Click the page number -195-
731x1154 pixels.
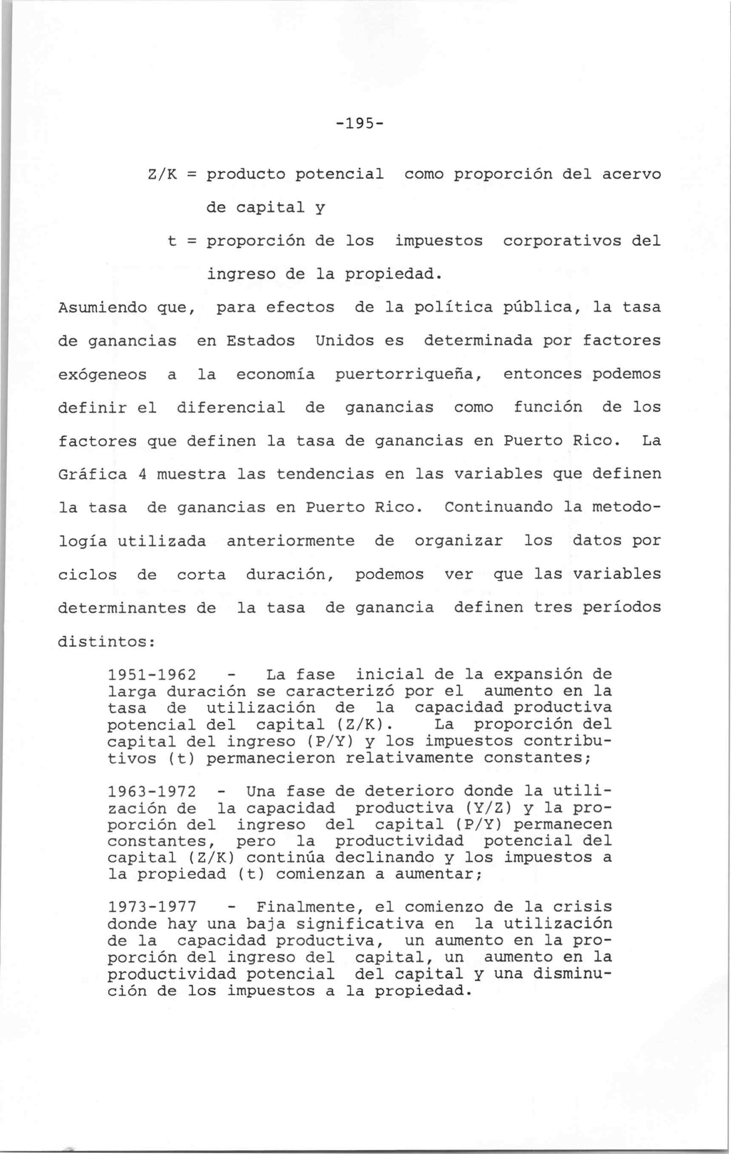[360, 124]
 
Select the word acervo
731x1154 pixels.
[631, 174]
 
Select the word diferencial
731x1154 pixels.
[231, 407]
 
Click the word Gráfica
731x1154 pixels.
[92, 474]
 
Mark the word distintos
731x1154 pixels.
[106, 642]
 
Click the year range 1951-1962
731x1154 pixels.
[152, 675]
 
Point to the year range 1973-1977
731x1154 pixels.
[152, 908]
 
